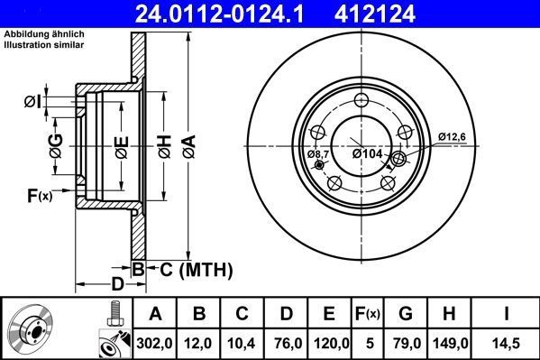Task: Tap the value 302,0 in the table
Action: click(155, 343)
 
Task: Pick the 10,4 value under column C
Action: click(243, 343)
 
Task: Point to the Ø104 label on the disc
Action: click(368, 154)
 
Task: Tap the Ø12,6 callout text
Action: click(453, 136)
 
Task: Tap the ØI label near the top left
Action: click(32, 102)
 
